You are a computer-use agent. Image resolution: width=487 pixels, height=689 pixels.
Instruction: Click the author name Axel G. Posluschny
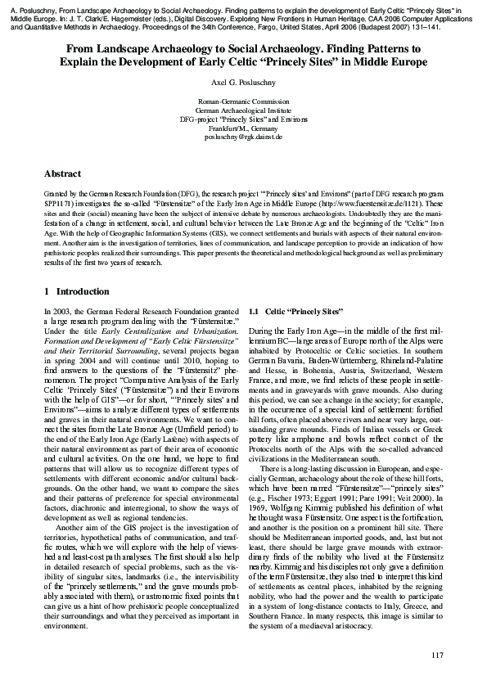(x=243, y=83)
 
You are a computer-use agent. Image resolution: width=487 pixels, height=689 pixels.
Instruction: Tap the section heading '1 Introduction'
(x=76, y=292)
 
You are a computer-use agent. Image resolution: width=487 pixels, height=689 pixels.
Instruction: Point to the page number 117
(x=436, y=655)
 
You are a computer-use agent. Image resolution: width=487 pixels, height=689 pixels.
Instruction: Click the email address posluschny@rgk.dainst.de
(x=243, y=137)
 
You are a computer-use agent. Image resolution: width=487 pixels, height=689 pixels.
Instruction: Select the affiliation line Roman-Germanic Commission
(x=243, y=101)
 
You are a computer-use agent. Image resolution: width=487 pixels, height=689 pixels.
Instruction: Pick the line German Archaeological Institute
(x=243, y=110)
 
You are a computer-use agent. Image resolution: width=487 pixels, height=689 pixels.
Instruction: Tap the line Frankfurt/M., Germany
(x=243, y=128)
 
